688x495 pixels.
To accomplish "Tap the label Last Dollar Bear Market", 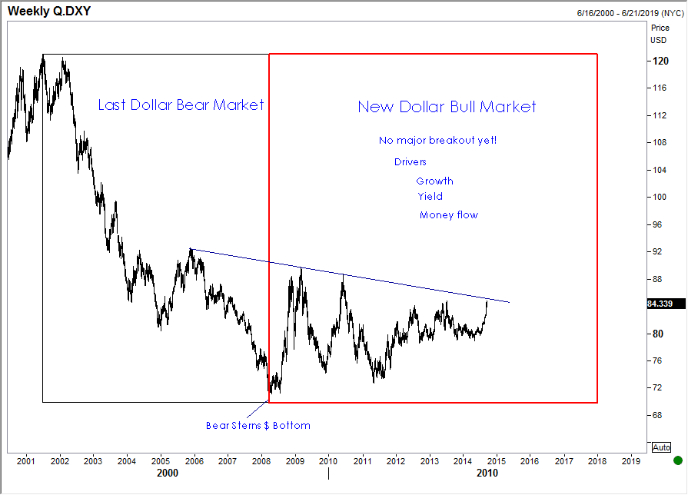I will [x=181, y=105].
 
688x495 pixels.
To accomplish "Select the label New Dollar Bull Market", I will [x=447, y=107].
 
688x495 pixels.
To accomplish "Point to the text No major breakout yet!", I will [x=437, y=141].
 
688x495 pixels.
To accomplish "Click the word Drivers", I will [x=410, y=162].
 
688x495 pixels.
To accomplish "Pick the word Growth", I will [x=434, y=181].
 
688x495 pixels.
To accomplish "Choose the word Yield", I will [x=430, y=197].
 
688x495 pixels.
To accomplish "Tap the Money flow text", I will [x=448, y=215].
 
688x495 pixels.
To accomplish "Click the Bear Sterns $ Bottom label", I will [x=258, y=425].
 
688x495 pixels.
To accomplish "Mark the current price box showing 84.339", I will [x=660, y=304].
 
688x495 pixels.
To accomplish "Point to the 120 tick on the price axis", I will [x=660, y=61].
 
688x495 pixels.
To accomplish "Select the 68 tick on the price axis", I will [x=658, y=415].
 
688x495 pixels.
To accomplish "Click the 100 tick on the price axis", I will [x=660, y=198].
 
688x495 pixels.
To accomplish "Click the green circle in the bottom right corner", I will [x=677, y=460].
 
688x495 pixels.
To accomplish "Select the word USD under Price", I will [x=659, y=40].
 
